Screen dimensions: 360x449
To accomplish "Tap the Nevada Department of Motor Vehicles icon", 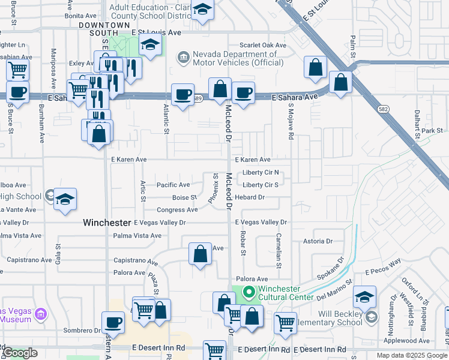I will tap(183, 58).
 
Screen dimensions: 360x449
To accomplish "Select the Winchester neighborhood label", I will tap(106, 223).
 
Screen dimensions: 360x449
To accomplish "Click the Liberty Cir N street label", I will tap(261, 173).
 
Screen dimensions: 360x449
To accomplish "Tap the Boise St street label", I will tap(185, 197).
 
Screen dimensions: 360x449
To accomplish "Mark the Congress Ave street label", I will tap(177, 210).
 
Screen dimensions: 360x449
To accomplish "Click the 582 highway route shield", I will tap(382, 109).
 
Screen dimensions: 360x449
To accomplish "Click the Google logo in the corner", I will tap(20, 353).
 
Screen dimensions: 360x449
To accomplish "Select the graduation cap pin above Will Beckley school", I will tap(364, 297).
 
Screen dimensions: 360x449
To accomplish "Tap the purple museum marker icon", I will tap(41, 314).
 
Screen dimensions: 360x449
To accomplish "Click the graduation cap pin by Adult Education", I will tap(203, 10).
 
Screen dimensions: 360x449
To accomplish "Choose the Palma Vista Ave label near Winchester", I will tap(137, 236).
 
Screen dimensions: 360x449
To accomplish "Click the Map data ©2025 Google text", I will tap(411, 355).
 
